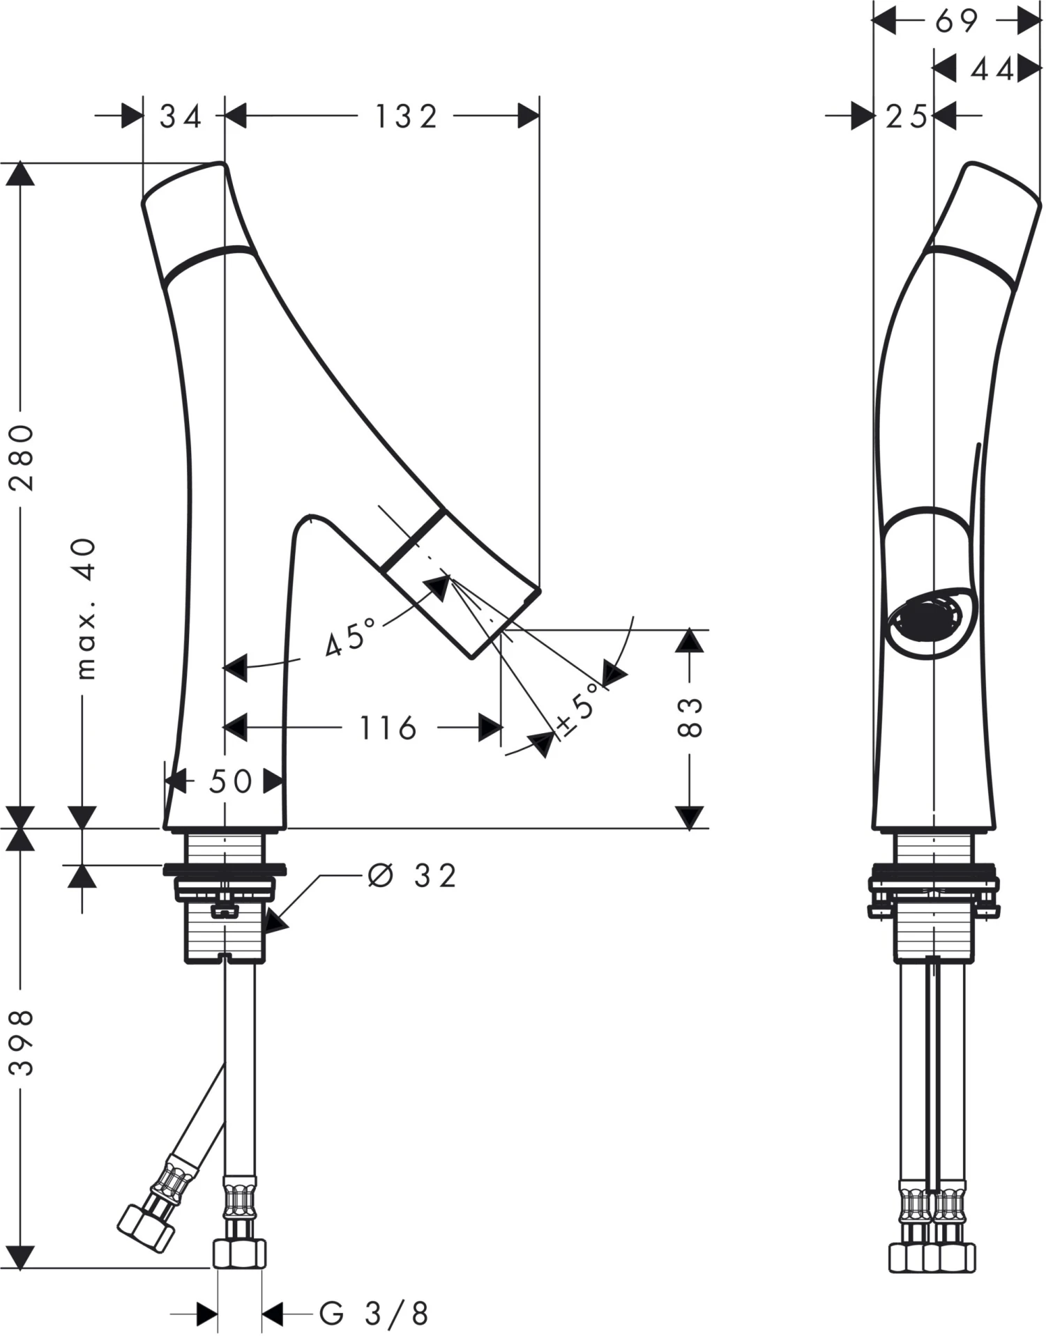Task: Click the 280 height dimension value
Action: pos(22,457)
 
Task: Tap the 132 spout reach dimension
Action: pos(407,116)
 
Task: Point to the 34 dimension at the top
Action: pos(181,116)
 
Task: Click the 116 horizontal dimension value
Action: pos(388,728)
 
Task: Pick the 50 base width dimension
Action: pos(230,781)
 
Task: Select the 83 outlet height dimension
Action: pos(689,717)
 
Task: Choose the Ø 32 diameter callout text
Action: pos(413,876)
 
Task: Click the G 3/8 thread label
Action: pos(374,1314)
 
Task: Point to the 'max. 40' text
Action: pos(85,608)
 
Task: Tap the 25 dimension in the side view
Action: pos(906,116)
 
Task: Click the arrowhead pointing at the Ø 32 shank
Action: pos(275,922)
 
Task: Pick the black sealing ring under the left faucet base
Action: pos(225,870)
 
